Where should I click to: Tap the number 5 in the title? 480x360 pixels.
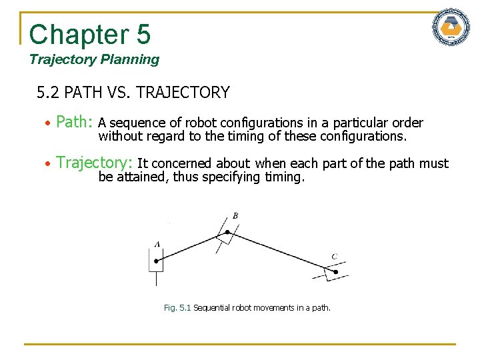pos(143,34)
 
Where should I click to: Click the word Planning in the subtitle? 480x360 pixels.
pos(130,59)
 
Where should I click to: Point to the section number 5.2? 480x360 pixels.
pos(49,93)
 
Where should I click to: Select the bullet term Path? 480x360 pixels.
pos(74,123)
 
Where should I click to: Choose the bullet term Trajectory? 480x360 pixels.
pos(94,163)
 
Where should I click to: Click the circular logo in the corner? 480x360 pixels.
pos(451,28)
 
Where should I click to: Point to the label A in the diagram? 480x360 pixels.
pos(157,244)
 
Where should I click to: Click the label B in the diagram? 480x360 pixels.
pos(235,215)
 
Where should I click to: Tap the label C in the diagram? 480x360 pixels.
pos(334,257)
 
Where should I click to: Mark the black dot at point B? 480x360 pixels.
pos(227,233)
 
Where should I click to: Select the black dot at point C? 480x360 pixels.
pos(335,272)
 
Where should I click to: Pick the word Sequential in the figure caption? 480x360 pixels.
pos(211,308)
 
